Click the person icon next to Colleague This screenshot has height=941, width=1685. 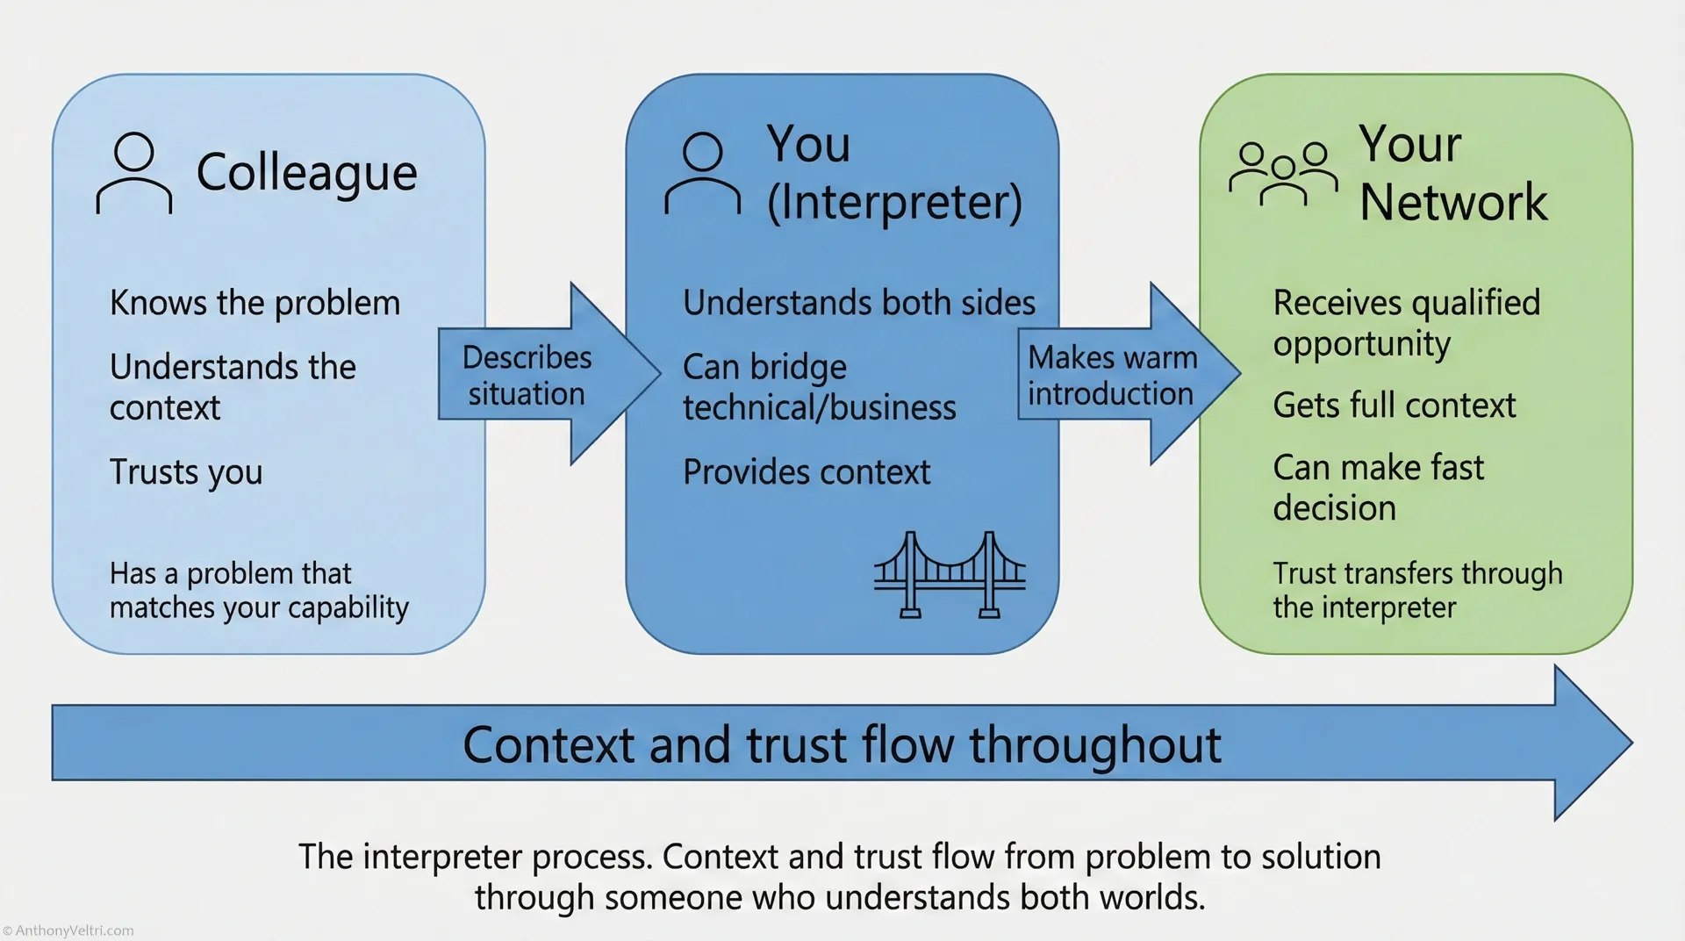coord(133,174)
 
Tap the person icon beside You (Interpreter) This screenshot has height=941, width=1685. coord(702,174)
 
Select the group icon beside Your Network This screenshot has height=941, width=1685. coord(1283,174)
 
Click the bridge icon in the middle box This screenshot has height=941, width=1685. coord(950,575)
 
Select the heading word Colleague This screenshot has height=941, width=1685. coord(306,173)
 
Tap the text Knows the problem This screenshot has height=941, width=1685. coord(255,303)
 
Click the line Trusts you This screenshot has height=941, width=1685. coord(186,472)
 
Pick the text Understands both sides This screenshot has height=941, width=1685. coord(858,303)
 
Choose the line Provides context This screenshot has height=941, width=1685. coord(806,472)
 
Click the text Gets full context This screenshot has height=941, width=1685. coord(1394,406)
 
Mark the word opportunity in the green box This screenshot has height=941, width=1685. coord(1361,344)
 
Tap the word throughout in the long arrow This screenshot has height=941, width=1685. coord(1094,745)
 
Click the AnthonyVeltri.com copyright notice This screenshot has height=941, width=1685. coord(68,930)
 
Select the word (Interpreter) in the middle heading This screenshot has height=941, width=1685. coord(894,203)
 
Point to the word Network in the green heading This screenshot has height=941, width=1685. coord(1453,203)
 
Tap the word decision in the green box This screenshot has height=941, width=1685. coord(1334,508)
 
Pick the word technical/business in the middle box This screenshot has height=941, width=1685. coord(819,408)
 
